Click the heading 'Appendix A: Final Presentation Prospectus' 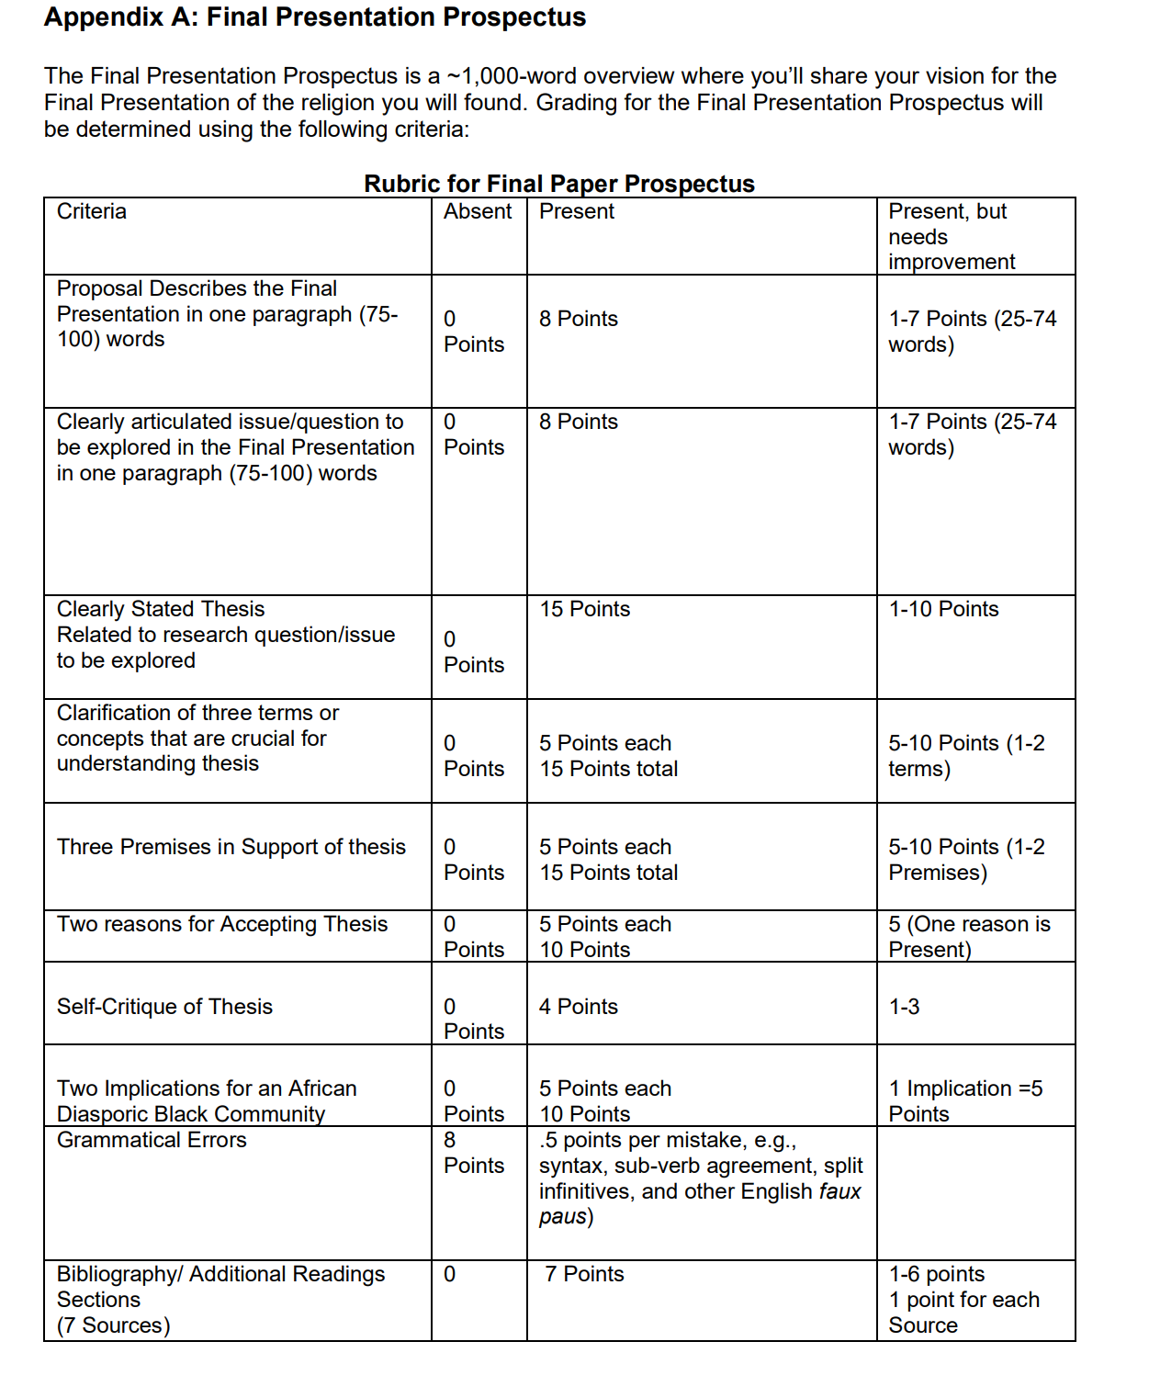(315, 17)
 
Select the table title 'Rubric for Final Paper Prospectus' (558, 184)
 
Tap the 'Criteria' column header (92, 211)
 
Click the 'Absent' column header (478, 211)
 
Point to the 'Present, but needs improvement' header (952, 236)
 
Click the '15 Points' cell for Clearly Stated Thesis (585, 609)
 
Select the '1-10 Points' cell (943, 609)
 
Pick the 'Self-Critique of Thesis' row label (164, 1007)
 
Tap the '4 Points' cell (579, 1007)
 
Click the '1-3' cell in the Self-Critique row (904, 1007)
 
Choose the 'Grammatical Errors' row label (152, 1140)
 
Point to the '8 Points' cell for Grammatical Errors (473, 1153)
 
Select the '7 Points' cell (584, 1274)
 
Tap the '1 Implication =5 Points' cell (964, 1100)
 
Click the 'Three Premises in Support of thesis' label (231, 847)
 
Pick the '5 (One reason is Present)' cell (968, 936)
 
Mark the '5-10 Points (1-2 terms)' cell (965, 755)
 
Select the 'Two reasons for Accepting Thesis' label (222, 924)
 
